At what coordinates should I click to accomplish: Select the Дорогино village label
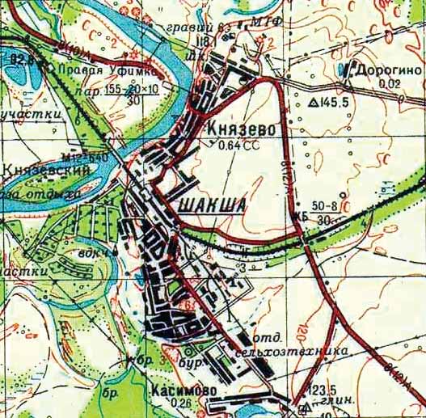[388, 70]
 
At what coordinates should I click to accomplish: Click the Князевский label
[39, 171]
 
